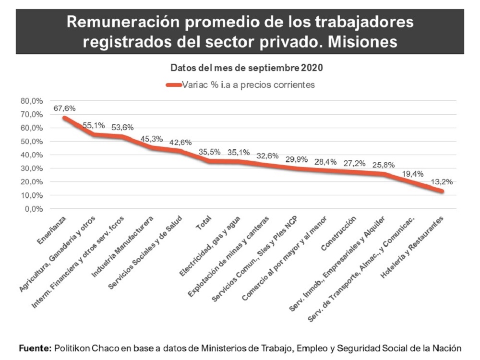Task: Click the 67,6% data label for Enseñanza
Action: [64, 108]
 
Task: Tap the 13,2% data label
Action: [442, 182]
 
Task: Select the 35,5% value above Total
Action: [209, 152]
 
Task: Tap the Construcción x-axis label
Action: [338, 234]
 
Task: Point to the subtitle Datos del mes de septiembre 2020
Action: [247, 68]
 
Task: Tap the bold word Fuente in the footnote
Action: [34, 348]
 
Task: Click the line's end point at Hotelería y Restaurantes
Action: [441, 191]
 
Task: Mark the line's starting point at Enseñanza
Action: [64, 118]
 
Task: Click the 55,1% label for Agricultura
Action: [93, 125]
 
